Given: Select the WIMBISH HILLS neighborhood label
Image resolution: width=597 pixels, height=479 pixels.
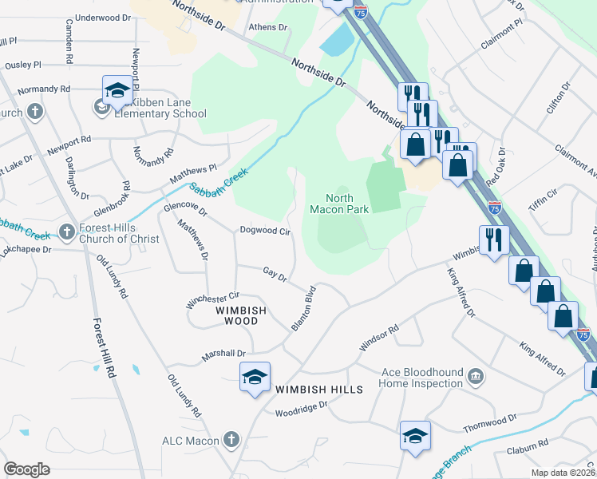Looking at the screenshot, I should point(319,390).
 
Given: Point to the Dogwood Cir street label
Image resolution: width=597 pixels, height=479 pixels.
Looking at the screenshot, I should point(265,231).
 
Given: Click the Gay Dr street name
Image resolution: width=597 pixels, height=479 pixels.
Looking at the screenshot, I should point(275,275).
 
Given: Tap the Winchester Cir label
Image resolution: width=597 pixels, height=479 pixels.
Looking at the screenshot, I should point(212,300).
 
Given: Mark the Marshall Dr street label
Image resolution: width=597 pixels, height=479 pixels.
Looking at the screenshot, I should point(224,354).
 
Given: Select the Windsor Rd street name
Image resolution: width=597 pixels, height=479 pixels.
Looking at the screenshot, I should point(378,331).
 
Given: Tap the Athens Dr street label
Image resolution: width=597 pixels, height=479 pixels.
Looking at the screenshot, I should point(269,27).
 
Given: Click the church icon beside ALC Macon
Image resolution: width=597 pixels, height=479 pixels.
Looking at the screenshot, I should point(231,439).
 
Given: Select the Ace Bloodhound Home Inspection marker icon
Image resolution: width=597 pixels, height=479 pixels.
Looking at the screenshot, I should point(476,376).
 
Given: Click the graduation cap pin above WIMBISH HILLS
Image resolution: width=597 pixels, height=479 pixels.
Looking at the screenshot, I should point(255,377).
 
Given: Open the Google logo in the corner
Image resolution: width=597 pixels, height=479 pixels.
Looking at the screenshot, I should point(26,469).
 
